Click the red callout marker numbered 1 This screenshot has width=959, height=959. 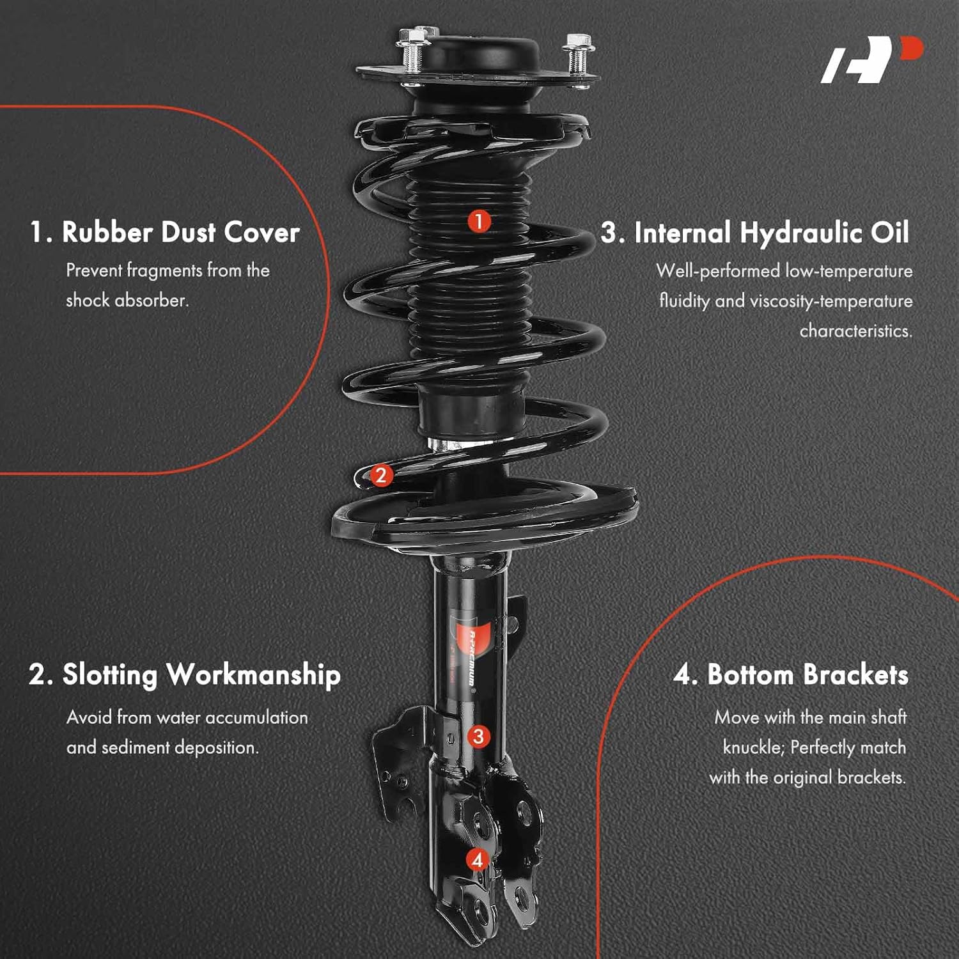click(479, 222)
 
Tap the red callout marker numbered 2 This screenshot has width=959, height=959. click(381, 475)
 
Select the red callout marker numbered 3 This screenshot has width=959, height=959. click(478, 737)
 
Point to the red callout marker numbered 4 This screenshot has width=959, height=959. click(477, 860)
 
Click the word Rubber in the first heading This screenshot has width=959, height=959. click(107, 232)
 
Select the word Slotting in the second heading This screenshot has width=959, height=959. click(109, 675)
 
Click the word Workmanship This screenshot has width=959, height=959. click(253, 675)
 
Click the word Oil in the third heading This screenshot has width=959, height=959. click(889, 233)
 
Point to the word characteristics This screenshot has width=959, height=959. click(855, 331)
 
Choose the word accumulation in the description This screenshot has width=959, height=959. click(256, 717)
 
